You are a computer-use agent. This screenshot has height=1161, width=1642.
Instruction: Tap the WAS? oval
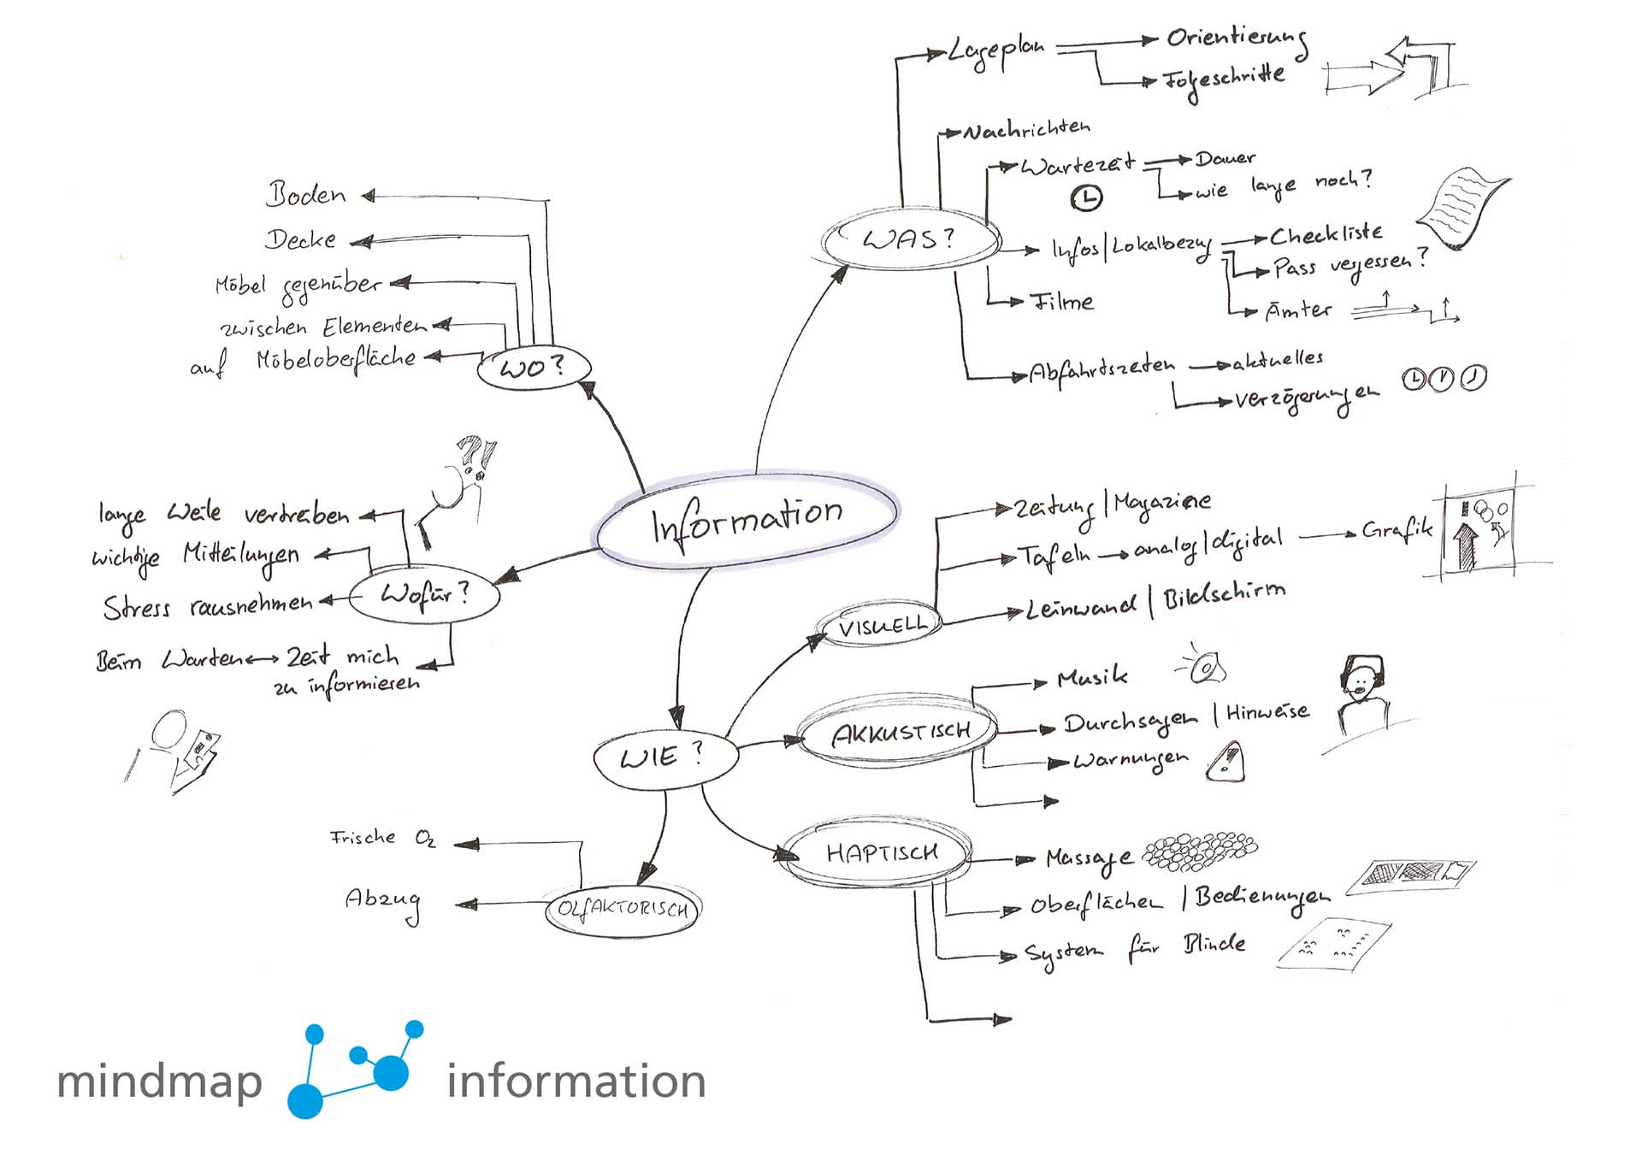coord(910,239)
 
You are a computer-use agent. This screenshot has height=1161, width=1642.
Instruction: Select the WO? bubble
coord(534,368)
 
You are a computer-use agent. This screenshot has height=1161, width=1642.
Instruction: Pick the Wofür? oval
coord(424,594)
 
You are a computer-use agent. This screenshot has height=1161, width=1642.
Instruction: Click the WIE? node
coord(664,757)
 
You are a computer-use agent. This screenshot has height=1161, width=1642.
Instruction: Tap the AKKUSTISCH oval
coord(900,733)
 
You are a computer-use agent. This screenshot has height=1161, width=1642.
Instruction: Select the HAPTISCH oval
coord(879,853)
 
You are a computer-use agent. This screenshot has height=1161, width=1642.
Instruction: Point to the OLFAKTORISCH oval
coord(623,909)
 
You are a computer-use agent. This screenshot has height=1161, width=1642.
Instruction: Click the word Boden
coord(306,195)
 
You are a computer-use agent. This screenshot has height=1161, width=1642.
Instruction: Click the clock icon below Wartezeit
coord(1087,198)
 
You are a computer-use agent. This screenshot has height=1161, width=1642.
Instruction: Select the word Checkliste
coord(1325,234)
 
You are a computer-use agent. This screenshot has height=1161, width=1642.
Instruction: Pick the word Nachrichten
coord(1027,130)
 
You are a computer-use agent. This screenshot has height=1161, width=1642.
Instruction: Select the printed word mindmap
coord(160,1082)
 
